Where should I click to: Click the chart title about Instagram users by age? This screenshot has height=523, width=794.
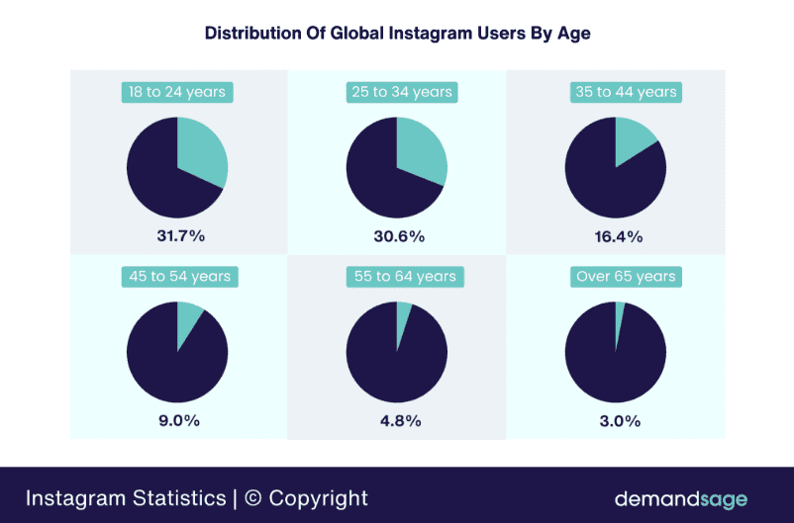[x=397, y=34]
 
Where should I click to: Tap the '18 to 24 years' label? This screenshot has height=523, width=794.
[x=177, y=92]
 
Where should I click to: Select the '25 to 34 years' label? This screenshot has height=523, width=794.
[x=397, y=92]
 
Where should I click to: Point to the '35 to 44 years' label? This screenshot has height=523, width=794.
[x=616, y=92]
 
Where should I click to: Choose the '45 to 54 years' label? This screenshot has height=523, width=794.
[x=177, y=277]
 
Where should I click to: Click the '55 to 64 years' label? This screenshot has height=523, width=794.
[x=397, y=277]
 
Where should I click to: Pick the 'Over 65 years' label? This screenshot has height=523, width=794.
[x=616, y=277]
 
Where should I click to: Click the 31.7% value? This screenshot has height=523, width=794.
[x=177, y=236]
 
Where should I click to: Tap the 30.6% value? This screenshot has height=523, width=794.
[x=397, y=236]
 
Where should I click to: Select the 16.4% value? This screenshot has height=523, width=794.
[x=616, y=236]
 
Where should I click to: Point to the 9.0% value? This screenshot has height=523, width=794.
[x=177, y=420]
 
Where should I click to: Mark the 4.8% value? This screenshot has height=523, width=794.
[x=397, y=420]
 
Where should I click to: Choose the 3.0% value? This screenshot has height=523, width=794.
[x=616, y=420]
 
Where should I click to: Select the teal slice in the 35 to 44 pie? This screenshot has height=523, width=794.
[x=632, y=140]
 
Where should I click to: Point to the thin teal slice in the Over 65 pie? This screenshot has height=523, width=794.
[x=620, y=314]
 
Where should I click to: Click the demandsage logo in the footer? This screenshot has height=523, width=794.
[x=680, y=498]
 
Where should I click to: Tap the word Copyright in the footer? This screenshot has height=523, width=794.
[x=318, y=498]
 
